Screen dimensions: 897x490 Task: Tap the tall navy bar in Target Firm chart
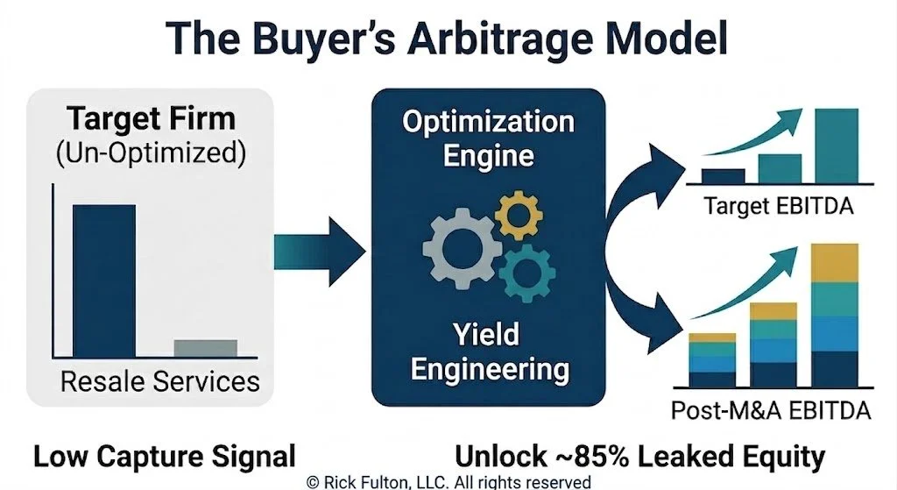pyautogui.click(x=104, y=281)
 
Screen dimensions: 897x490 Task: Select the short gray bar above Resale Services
pyautogui.click(x=205, y=348)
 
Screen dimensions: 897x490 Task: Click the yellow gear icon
pyautogui.click(x=519, y=215)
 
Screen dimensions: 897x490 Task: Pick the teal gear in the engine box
pyautogui.click(x=527, y=273)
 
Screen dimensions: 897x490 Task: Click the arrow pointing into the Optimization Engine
pyautogui.click(x=319, y=252)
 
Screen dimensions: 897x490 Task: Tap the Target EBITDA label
pyautogui.click(x=779, y=205)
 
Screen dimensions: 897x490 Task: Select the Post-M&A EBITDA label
pyautogui.click(x=771, y=410)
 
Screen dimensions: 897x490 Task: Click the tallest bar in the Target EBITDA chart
pyautogui.click(x=837, y=146)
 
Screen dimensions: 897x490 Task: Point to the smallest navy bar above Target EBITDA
pyautogui.click(x=723, y=175)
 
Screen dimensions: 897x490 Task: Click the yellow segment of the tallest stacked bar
pyautogui.click(x=835, y=263)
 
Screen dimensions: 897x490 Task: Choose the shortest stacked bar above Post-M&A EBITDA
pyautogui.click(x=712, y=359)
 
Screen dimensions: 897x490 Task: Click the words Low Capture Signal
pyautogui.click(x=165, y=456)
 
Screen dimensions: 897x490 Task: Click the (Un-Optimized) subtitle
pyautogui.click(x=152, y=153)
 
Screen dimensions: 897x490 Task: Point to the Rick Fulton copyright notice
pyautogui.click(x=449, y=482)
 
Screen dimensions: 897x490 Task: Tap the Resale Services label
pyautogui.click(x=160, y=381)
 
